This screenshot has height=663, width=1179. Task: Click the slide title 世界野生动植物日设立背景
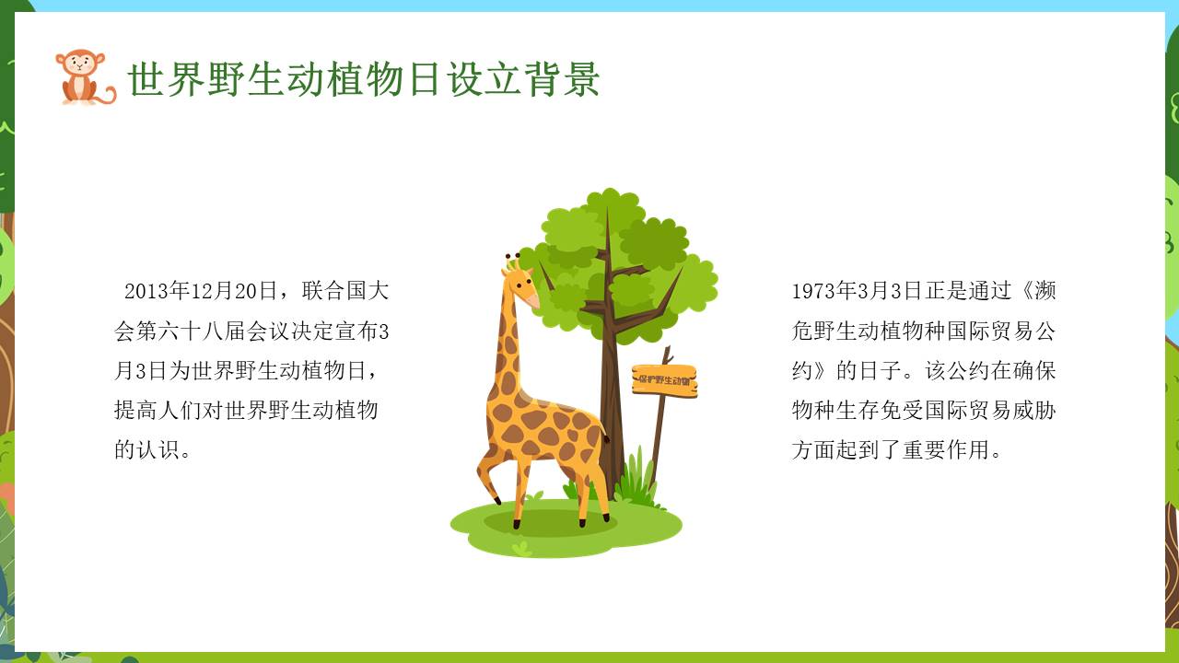364,79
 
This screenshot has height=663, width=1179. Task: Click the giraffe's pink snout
532,301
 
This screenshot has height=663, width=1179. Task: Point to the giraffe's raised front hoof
496,500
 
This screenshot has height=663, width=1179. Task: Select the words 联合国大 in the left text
345,291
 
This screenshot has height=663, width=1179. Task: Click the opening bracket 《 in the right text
1023,291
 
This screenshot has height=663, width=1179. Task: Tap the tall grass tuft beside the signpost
636,476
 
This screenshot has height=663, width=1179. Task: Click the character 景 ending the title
581,79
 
